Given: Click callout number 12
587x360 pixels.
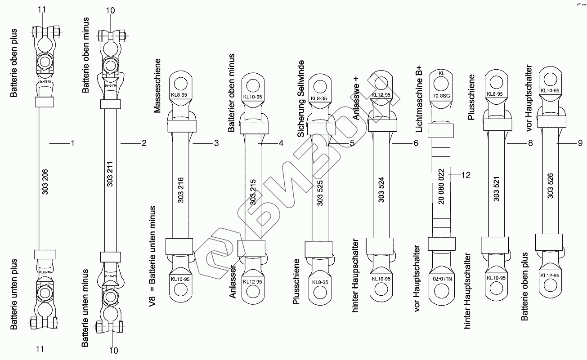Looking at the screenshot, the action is point(466,175).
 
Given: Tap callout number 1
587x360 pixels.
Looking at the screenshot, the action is point(72,143).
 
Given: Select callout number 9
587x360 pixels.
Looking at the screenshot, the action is point(580,143).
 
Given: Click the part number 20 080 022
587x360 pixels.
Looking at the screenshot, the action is point(441,186).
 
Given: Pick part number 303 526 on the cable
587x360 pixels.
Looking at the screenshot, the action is point(550,186).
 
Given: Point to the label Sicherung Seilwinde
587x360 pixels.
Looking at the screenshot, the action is point(301,98).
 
